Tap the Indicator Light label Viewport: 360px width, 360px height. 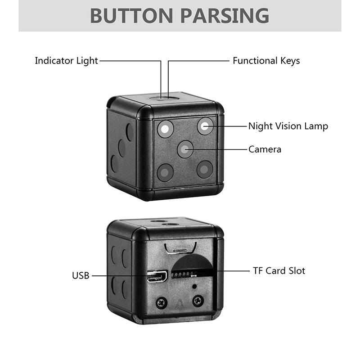point(66,60)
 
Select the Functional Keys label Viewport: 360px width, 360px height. point(266,60)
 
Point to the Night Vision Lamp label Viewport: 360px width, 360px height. point(288,126)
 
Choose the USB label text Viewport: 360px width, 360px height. point(81,275)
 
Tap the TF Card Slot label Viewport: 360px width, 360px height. point(279,270)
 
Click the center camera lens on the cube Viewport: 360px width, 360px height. point(185,149)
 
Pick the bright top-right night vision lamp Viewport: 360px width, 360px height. point(205,126)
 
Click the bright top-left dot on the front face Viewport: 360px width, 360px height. point(165,129)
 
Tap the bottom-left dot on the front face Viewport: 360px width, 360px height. point(165,172)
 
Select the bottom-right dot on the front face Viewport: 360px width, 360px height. point(205,169)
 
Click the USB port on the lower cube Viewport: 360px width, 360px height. point(157,275)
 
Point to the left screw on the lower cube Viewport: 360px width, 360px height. point(162,302)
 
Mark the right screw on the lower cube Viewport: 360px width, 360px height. point(198,301)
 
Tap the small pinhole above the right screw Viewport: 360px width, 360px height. point(194,286)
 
